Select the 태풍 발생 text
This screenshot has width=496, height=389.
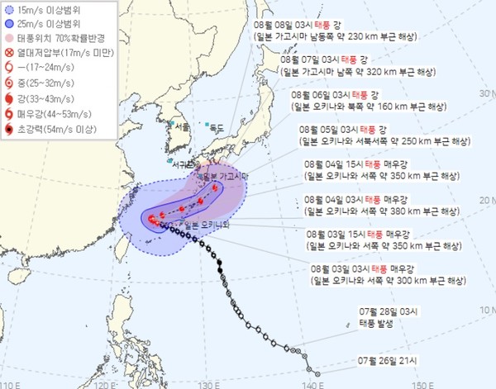point(370,325)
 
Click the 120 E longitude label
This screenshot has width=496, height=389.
point(101,383)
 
